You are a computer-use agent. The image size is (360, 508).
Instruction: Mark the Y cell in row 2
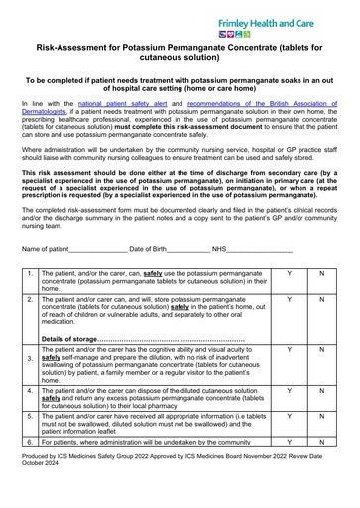point(289,299)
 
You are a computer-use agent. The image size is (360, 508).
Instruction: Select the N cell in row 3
point(321,350)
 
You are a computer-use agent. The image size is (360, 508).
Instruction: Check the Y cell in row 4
point(289,392)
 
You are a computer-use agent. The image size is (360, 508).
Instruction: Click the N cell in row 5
point(321,417)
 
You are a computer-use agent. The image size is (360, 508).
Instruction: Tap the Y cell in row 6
point(289,442)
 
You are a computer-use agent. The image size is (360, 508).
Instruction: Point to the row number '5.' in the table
point(31,418)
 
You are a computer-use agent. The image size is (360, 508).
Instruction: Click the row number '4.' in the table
point(31,392)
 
